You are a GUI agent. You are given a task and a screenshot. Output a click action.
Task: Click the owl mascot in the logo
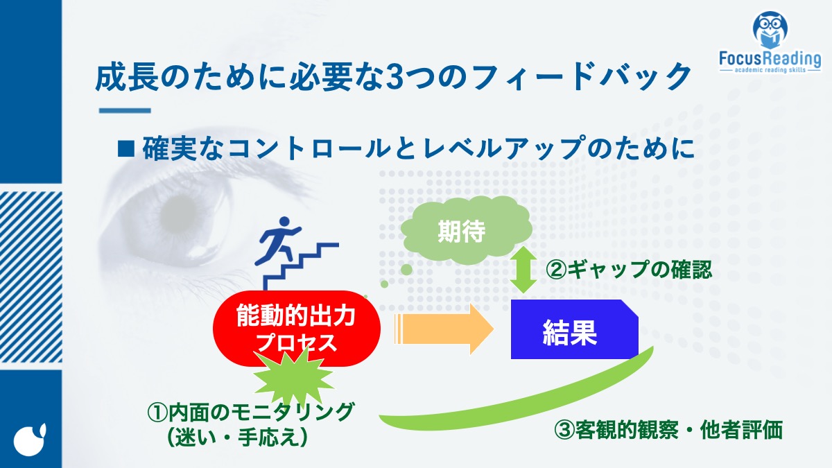click(770, 30)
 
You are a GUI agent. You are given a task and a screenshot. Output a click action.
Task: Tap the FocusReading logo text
click(770, 59)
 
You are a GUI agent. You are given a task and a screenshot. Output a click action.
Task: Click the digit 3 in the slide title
click(394, 78)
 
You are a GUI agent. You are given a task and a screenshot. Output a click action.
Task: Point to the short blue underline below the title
click(125, 110)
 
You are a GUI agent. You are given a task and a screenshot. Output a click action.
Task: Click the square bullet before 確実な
click(125, 148)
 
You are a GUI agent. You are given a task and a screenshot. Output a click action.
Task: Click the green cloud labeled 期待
click(467, 230)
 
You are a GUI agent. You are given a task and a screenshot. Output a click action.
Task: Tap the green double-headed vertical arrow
click(523, 270)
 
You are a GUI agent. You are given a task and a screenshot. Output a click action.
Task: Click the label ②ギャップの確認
click(628, 270)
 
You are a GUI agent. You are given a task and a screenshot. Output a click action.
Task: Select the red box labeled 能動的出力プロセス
click(297, 329)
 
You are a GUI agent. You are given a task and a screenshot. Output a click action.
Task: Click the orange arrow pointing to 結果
click(444, 329)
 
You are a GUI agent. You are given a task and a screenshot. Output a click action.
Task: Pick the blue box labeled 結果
click(574, 329)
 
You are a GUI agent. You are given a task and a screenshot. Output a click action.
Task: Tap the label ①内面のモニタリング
click(251, 413)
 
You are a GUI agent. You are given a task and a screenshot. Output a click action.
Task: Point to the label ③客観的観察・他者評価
click(668, 431)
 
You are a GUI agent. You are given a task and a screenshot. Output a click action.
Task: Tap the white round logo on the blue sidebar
click(31, 440)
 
